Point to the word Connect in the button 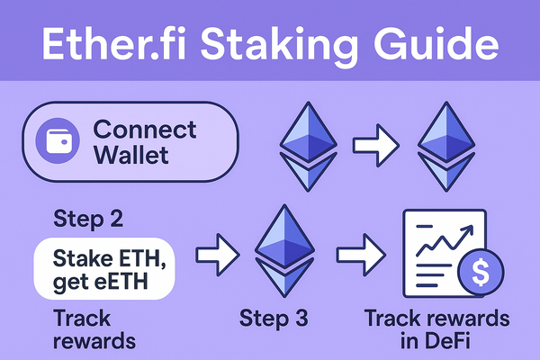point(145,129)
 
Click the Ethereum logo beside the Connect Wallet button point(305,144)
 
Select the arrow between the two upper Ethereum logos point(373,142)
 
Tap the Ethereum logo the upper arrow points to point(447,144)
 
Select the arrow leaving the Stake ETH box point(220,254)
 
